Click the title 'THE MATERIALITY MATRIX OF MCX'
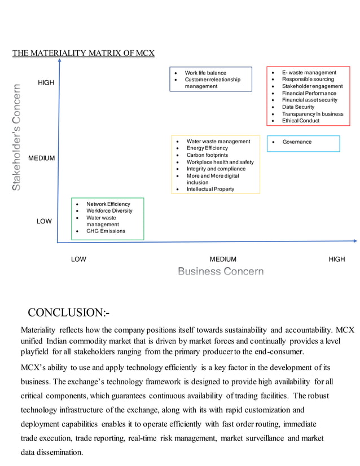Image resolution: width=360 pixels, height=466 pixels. (x=84, y=54)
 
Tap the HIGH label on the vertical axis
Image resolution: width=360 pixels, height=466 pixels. (x=46, y=83)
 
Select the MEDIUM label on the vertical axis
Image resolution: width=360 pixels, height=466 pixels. (x=42, y=159)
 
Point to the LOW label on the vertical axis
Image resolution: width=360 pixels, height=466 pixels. (x=45, y=222)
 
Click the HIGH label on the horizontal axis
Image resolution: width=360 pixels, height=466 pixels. (x=337, y=260)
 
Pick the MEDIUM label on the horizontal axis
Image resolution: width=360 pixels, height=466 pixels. (x=223, y=260)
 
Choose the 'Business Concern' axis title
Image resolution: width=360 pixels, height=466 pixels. (x=221, y=272)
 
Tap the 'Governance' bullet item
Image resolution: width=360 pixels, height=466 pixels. (x=297, y=142)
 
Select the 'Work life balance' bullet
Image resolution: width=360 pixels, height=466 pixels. (x=205, y=73)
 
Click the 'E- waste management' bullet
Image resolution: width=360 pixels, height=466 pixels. (x=309, y=73)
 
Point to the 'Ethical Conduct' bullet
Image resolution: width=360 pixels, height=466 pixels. (x=301, y=121)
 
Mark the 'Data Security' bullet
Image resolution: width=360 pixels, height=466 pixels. (x=298, y=107)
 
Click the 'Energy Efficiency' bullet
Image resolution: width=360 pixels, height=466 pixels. (x=207, y=148)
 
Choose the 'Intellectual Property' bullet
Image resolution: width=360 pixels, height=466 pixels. (x=210, y=190)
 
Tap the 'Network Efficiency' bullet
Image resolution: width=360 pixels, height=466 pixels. (x=108, y=204)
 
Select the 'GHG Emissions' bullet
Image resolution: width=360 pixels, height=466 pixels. (x=106, y=231)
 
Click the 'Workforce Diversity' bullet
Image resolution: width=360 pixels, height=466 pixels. (x=109, y=211)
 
